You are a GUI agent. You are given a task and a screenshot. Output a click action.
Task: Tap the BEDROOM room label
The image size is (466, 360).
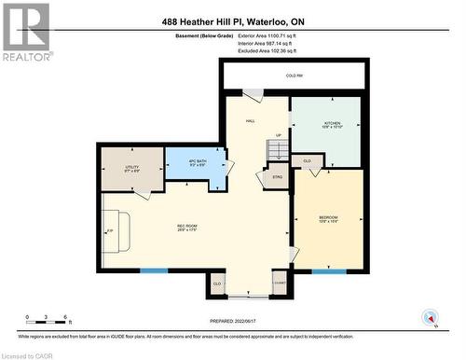point(328,219)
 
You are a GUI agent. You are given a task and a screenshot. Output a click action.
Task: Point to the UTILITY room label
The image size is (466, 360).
point(131,169)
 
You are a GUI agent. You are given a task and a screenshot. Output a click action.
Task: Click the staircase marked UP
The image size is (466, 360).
point(275,151)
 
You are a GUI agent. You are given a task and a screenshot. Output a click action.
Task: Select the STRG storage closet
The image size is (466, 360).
point(277,174)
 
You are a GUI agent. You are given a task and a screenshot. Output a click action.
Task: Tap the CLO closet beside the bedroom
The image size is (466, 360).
point(308,161)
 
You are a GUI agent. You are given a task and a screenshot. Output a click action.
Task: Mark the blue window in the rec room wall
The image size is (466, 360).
point(154,271)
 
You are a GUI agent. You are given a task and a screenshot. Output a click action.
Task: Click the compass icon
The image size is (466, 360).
point(430,316)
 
